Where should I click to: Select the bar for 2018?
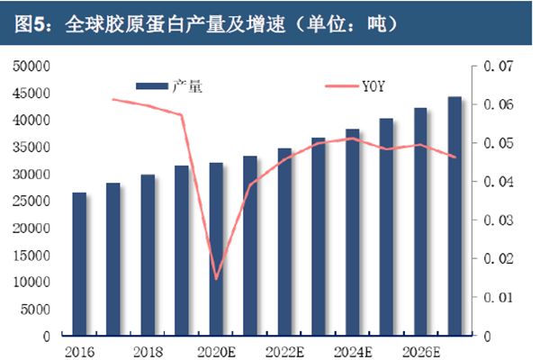tap(148, 256)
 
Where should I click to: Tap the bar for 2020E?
tap(216, 249)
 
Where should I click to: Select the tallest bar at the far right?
tap(454, 216)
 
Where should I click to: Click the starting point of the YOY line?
tap(113, 99)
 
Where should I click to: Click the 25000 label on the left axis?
tap(31, 201)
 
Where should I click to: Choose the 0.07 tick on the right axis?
tap(498, 66)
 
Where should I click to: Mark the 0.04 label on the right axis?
tap(498, 182)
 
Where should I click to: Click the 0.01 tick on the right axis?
tap(498, 297)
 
